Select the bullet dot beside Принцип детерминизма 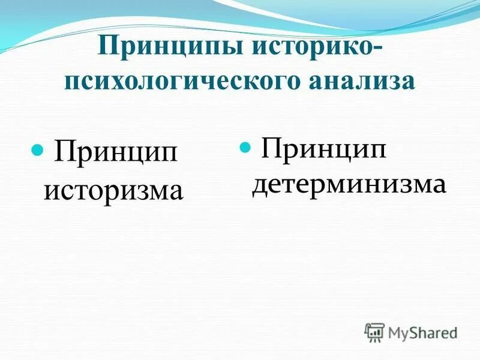tap(244, 146)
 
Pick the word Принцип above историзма tap(117, 152)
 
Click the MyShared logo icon tap(375, 332)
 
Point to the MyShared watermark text tap(423, 332)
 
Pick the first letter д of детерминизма tap(259, 185)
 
